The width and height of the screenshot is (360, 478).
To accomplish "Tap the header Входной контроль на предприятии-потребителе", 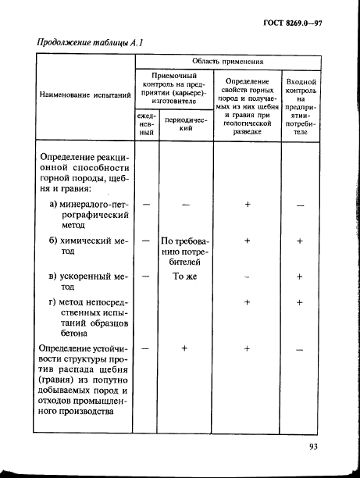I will point(301,107).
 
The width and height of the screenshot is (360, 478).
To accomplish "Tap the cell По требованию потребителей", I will point(186,253).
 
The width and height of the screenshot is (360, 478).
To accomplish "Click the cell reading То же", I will point(186,276).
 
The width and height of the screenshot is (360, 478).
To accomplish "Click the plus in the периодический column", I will point(186,348).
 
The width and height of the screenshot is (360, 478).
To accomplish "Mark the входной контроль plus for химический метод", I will point(300,242).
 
